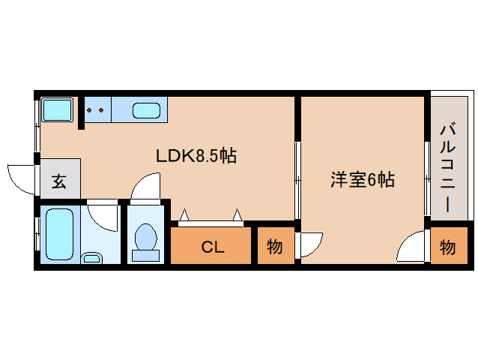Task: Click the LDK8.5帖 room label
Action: pyautogui.click(x=196, y=156)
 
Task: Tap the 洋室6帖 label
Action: pyautogui.click(x=363, y=180)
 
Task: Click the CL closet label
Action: pyautogui.click(x=212, y=247)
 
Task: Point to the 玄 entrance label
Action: pyautogui.click(x=58, y=181)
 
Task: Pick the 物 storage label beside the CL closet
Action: pyautogui.click(x=275, y=246)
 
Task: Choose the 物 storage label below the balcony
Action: pyautogui.click(x=447, y=246)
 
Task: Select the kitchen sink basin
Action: pyautogui.click(x=146, y=111)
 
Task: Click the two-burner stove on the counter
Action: pyautogui.click(x=96, y=110)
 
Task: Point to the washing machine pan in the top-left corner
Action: pyautogui.click(x=55, y=111)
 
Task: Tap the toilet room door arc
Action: pyautogui.click(x=145, y=187)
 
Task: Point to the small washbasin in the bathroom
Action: pyautogui.click(x=91, y=259)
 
